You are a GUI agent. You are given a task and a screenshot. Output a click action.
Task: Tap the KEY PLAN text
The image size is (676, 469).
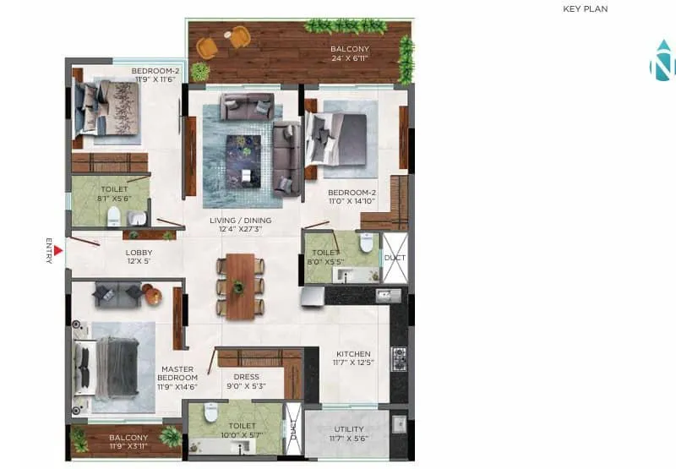click(x=585, y=9)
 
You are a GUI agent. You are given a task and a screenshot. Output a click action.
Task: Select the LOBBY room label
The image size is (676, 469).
click(x=139, y=257)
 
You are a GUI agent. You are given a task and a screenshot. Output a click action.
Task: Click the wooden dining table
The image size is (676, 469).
click(x=240, y=286)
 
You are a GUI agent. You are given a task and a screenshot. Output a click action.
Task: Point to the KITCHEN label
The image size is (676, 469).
click(x=353, y=358)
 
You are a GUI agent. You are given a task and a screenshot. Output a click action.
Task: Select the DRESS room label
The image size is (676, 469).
click(x=247, y=382)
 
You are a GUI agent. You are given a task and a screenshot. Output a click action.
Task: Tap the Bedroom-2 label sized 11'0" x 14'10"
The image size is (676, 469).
click(x=352, y=198)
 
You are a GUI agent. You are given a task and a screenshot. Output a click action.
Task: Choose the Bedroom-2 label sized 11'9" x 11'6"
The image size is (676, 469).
click(x=155, y=75)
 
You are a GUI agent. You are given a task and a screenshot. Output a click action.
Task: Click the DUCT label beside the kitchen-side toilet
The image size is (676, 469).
click(x=394, y=257)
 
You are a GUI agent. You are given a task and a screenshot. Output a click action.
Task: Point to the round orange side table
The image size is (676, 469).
click(x=152, y=295)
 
